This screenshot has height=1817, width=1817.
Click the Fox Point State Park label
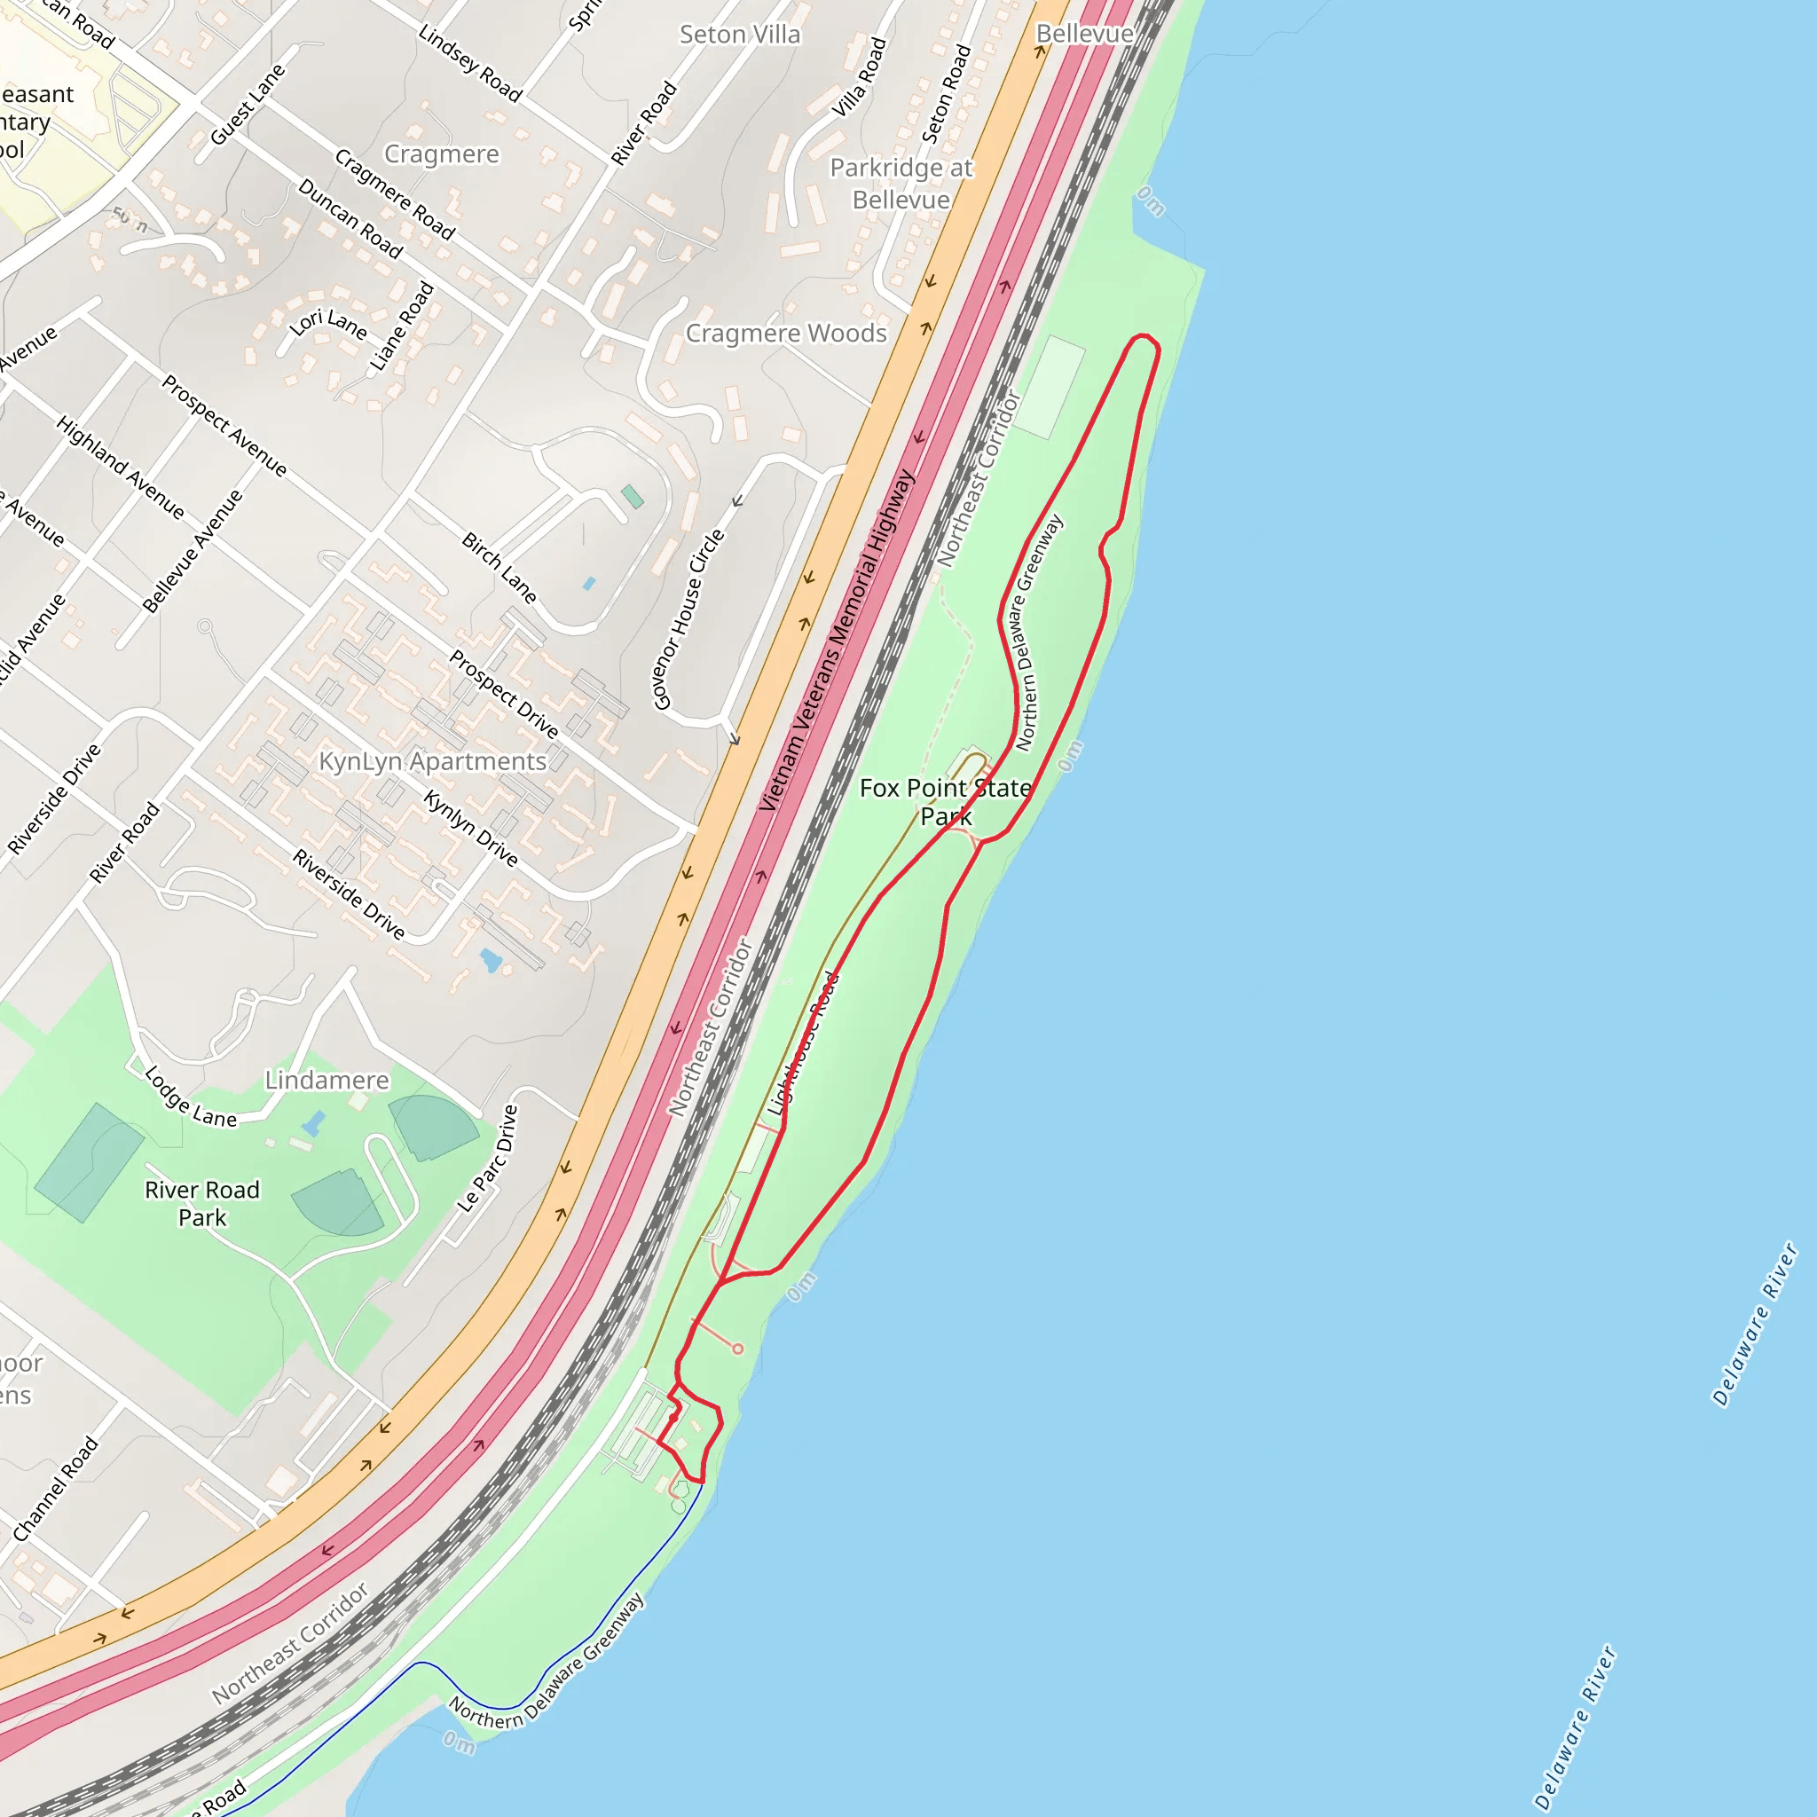pyautogui.click(x=945, y=801)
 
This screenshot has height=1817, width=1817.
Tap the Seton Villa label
pyautogui.click(x=740, y=35)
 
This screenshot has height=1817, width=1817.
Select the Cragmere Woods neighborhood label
pyautogui.click(x=785, y=334)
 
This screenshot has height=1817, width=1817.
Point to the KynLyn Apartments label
pyautogui.click(x=433, y=761)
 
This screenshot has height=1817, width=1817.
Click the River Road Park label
pyautogui.click(x=202, y=1203)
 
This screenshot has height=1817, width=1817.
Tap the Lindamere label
pyautogui.click(x=326, y=1080)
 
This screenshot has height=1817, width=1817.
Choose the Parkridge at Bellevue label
pyautogui.click(x=901, y=184)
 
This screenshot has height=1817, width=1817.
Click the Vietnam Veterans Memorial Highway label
pyautogui.click(x=837, y=641)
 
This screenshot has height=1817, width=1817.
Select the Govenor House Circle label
pyautogui.click(x=689, y=619)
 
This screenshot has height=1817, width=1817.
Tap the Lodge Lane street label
pyautogui.click(x=191, y=1097)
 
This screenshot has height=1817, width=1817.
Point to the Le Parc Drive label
pyautogui.click(x=488, y=1159)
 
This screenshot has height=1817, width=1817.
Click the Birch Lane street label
pyautogui.click(x=499, y=568)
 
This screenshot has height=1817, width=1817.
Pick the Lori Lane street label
pyautogui.click(x=328, y=324)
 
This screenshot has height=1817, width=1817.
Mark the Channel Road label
pyautogui.click(x=56, y=1489)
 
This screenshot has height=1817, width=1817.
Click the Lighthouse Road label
pyautogui.click(x=802, y=1044)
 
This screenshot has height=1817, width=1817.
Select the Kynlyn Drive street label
pyautogui.click(x=470, y=828)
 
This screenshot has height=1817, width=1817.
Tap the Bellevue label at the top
pyautogui.click(x=1083, y=34)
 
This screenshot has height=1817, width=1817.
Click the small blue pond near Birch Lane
pyautogui.click(x=590, y=583)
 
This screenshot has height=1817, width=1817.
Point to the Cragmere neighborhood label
pyautogui.click(x=441, y=153)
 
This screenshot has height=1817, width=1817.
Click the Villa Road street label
pyautogui.click(x=860, y=77)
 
